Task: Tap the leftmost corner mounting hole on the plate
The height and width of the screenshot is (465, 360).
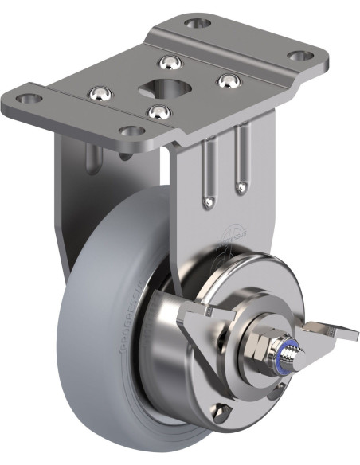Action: [29, 99]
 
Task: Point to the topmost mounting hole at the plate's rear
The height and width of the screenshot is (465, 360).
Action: [198, 22]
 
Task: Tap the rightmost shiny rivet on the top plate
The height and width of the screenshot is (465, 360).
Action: [228, 80]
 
